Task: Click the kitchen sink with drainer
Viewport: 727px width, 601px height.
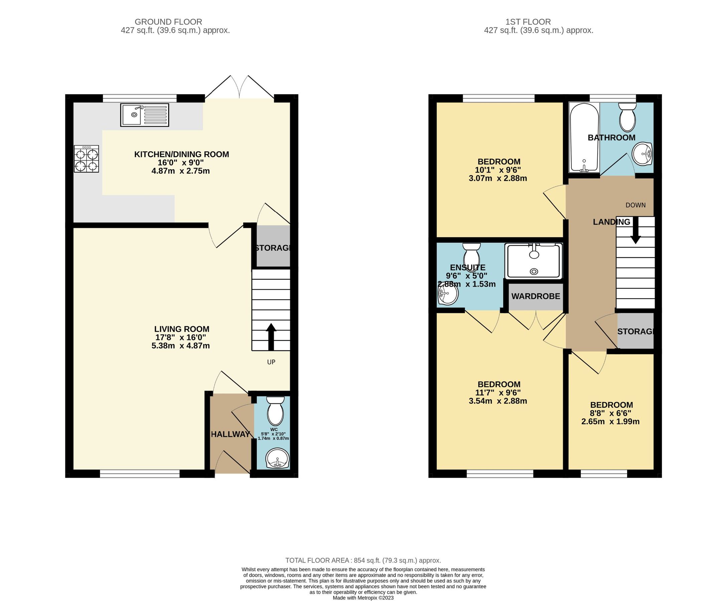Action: pyautogui.click(x=144, y=115)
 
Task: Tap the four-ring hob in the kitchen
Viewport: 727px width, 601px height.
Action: pyautogui.click(x=86, y=159)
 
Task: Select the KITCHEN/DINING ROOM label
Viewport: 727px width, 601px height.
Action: pyautogui.click(x=181, y=154)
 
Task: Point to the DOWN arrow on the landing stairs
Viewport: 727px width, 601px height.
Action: pyautogui.click(x=635, y=231)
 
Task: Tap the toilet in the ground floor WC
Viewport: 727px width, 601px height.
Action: pyautogui.click(x=276, y=412)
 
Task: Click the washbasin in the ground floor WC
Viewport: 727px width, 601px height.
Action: pyautogui.click(x=277, y=459)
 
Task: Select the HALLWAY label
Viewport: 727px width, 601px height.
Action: pyautogui.click(x=230, y=434)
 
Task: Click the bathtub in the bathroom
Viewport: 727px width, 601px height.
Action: pyautogui.click(x=584, y=137)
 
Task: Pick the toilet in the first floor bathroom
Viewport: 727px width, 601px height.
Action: pyautogui.click(x=627, y=117)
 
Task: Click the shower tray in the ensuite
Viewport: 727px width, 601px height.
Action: pyautogui.click(x=534, y=261)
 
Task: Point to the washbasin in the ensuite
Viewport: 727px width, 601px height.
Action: pyautogui.click(x=448, y=295)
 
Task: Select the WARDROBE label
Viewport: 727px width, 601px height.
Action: pyautogui.click(x=536, y=296)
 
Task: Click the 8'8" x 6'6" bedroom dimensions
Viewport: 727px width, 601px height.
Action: pyautogui.click(x=611, y=413)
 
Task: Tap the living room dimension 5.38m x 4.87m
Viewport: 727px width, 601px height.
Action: pyautogui.click(x=180, y=346)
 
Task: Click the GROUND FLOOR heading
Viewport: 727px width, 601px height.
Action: pyautogui.click(x=168, y=22)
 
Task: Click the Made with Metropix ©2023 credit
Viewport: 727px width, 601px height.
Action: pyautogui.click(x=363, y=598)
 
